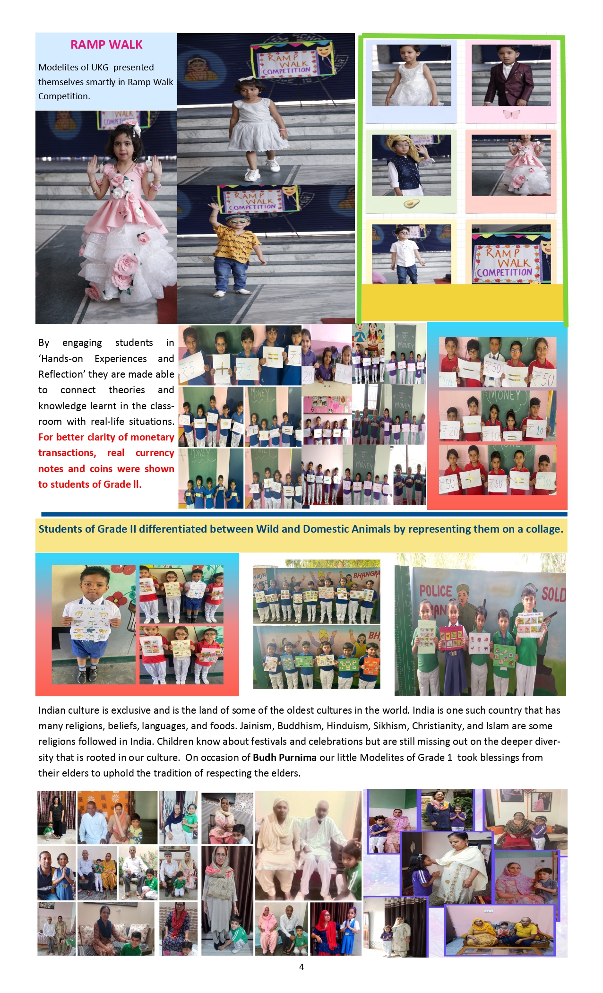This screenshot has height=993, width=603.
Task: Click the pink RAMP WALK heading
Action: [106, 45]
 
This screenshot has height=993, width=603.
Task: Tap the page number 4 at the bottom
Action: [301, 967]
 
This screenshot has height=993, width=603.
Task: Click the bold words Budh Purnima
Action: [284, 757]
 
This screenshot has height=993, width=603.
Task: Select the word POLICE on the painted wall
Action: [436, 591]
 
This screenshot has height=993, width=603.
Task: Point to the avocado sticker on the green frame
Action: [411, 204]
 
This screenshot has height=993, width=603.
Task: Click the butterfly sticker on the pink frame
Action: [511, 114]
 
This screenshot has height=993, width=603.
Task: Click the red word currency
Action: [155, 453]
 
